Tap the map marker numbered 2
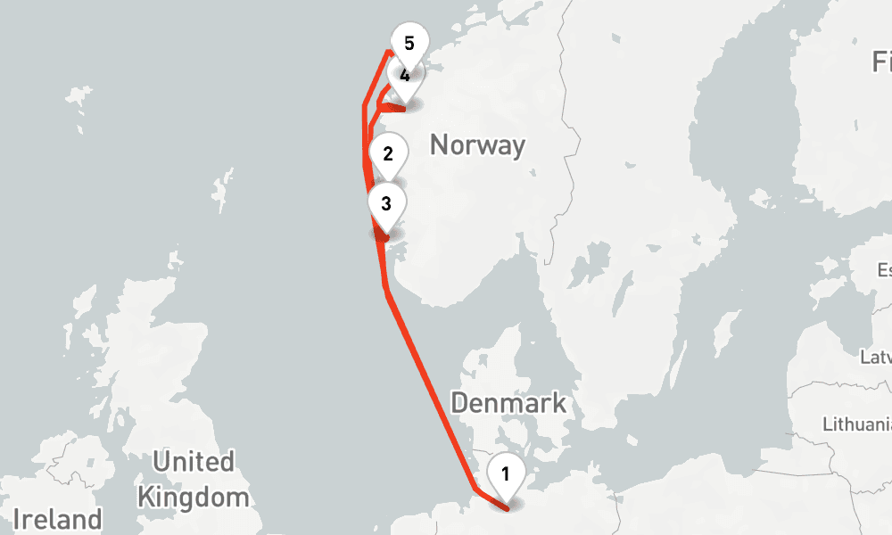(387, 154)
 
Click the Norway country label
(477, 144)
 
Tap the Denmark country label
(508, 402)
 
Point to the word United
(194, 462)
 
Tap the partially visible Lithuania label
(856, 423)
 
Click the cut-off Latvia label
(876, 358)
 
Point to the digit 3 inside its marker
(385, 203)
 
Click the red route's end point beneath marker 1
(507, 508)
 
